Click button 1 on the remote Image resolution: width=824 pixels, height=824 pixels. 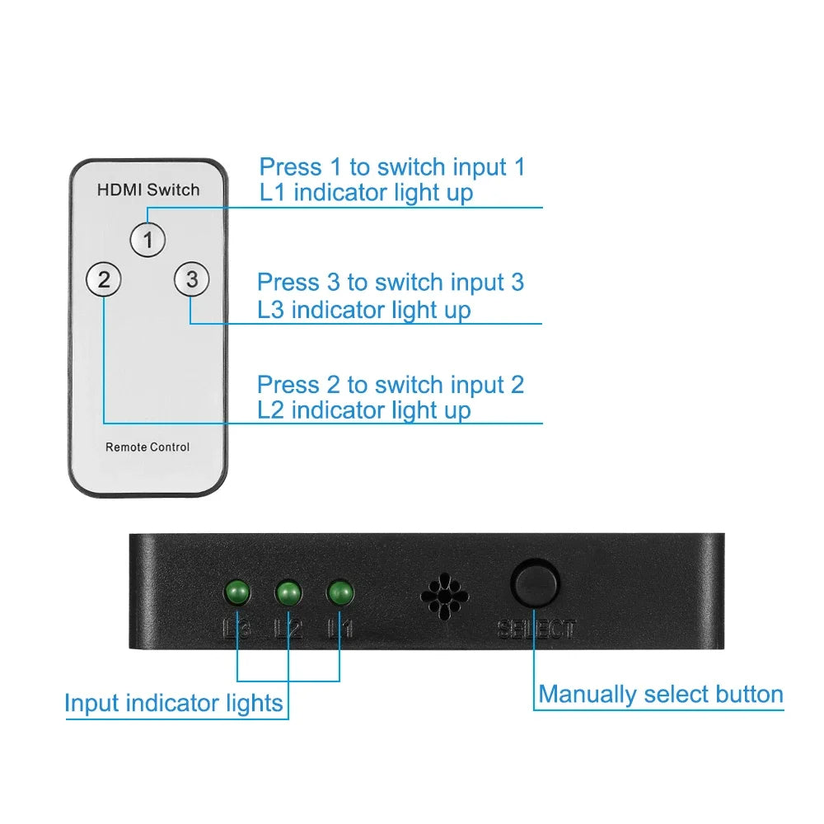point(147,240)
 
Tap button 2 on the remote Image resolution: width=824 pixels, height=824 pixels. point(103,280)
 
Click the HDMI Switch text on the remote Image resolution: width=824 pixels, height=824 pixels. point(148,190)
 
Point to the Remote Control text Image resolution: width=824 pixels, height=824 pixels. point(147,447)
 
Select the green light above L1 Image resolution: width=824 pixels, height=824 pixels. point(339,592)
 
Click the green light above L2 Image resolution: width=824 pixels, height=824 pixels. point(288,592)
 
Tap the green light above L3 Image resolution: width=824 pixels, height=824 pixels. point(237,592)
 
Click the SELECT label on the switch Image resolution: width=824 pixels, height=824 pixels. point(536,630)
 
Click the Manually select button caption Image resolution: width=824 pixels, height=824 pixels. point(661,695)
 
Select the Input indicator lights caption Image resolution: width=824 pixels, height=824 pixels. point(174,704)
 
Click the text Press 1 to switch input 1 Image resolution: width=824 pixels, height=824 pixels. point(392,167)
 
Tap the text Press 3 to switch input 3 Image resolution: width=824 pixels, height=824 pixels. point(391,283)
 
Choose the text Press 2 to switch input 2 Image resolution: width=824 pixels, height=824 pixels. point(391,385)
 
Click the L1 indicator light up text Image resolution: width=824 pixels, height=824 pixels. point(366,194)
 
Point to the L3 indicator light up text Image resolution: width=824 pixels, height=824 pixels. point(364,310)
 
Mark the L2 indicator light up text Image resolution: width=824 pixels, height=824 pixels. point(364,410)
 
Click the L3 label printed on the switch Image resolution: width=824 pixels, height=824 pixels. point(237,630)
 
